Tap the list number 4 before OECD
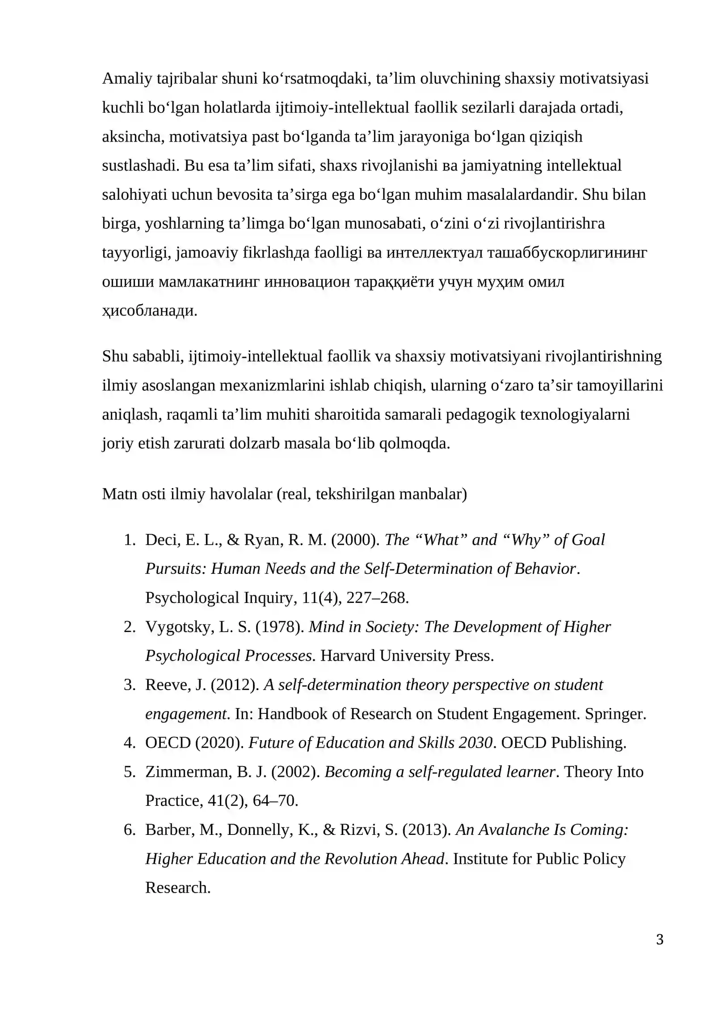[130, 743]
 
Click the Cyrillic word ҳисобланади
[149, 311]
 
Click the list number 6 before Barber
[130, 830]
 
